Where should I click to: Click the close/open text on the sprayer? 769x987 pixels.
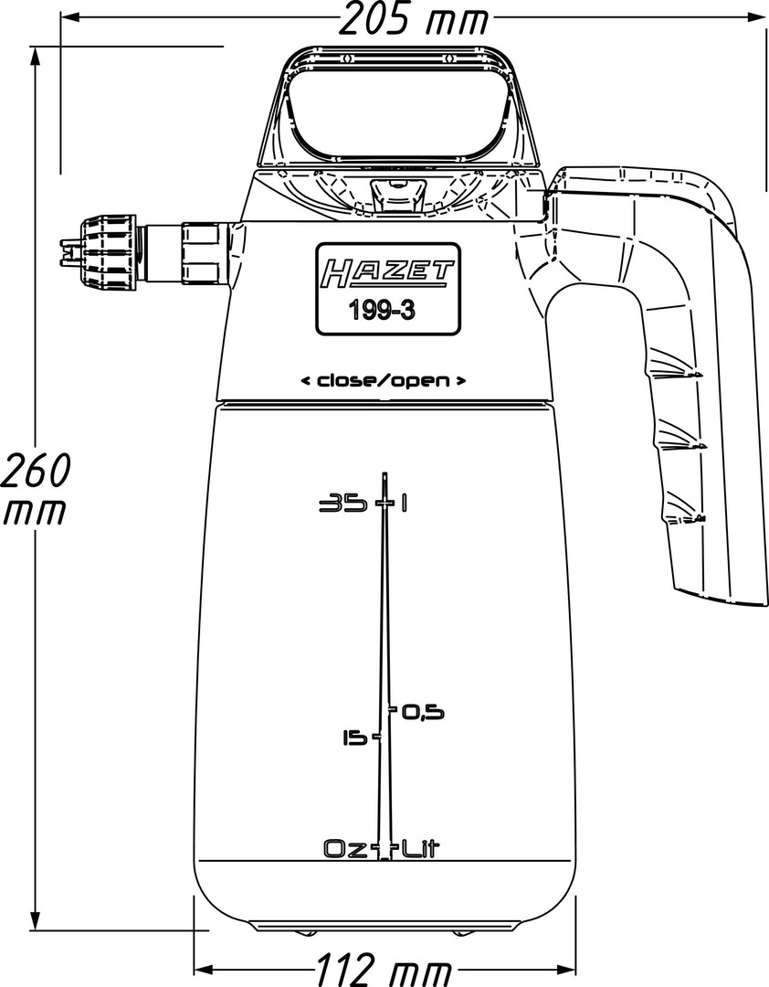(x=384, y=380)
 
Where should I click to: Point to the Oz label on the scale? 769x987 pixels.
(x=343, y=849)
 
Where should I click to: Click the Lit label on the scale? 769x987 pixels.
(x=420, y=849)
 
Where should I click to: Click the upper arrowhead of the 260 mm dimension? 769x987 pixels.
(x=36, y=50)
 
